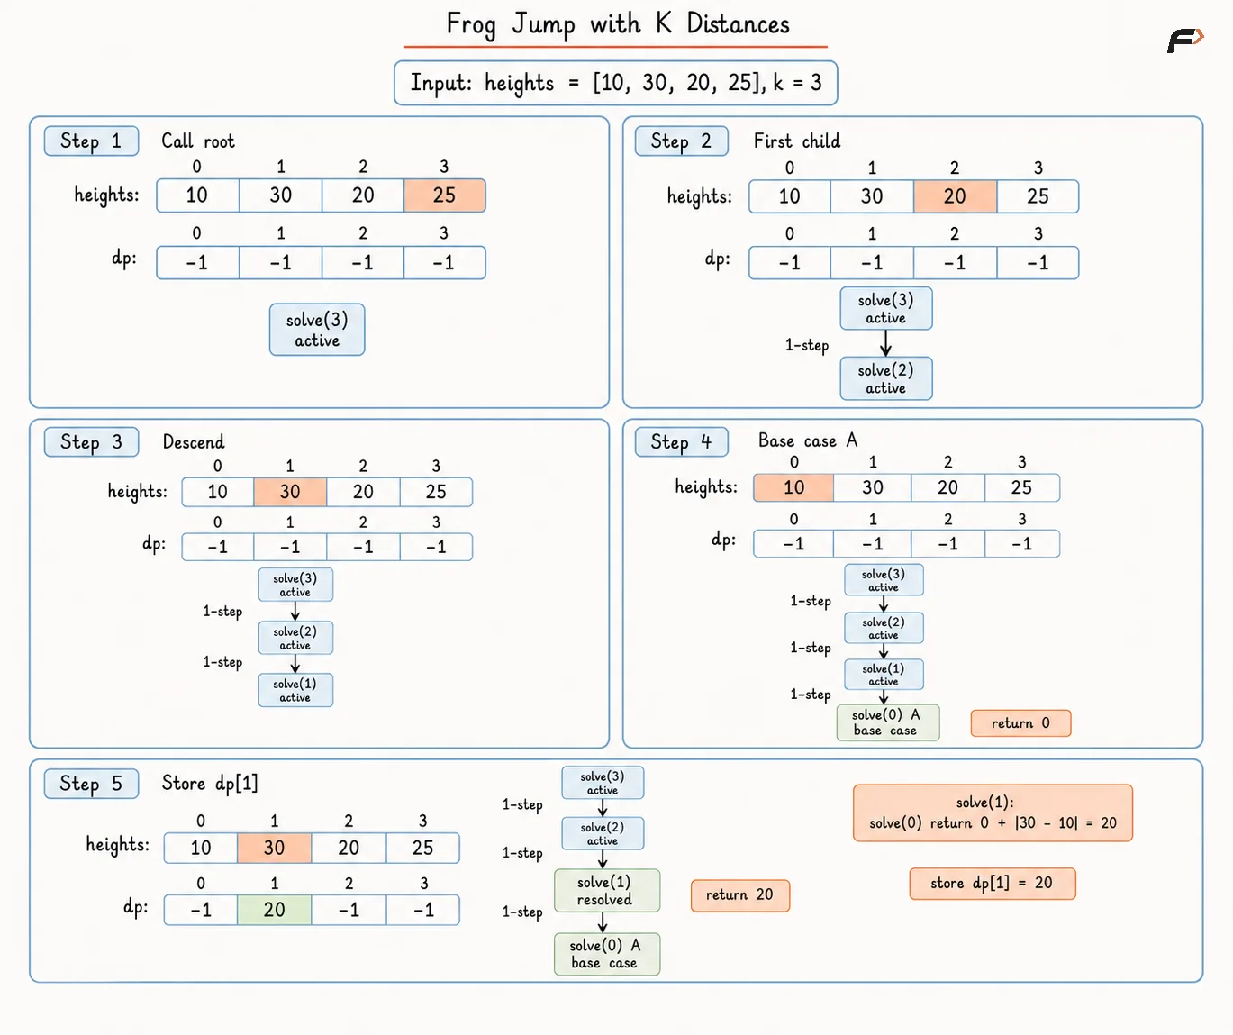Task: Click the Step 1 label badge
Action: pyautogui.click(x=92, y=141)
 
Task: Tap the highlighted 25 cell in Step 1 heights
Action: pyautogui.click(x=445, y=195)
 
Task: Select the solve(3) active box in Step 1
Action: pyautogui.click(x=317, y=330)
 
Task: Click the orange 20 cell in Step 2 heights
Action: pyautogui.click(x=955, y=196)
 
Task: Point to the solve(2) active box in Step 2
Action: pyautogui.click(x=886, y=378)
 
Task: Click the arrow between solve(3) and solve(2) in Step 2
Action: pyautogui.click(x=885, y=343)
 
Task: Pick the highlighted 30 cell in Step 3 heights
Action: pyautogui.click(x=290, y=492)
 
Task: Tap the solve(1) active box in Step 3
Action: pyautogui.click(x=295, y=690)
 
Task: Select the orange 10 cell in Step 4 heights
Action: pyautogui.click(x=793, y=487)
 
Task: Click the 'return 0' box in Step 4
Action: pyautogui.click(x=1020, y=723)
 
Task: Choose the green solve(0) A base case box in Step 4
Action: pyautogui.click(x=887, y=722)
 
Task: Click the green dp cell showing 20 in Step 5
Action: pyautogui.click(x=275, y=909)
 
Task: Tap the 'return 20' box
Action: pyautogui.click(x=740, y=895)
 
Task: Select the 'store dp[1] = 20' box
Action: pyautogui.click(x=992, y=883)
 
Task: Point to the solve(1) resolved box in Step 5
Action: pyautogui.click(x=607, y=890)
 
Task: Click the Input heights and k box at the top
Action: pyautogui.click(x=616, y=83)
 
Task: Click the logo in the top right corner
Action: pyautogui.click(x=1185, y=41)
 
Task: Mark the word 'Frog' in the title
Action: pyautogui.click(x=471, y=25)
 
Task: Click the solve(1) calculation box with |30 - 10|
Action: pyautogui.click(x=993, y=813)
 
